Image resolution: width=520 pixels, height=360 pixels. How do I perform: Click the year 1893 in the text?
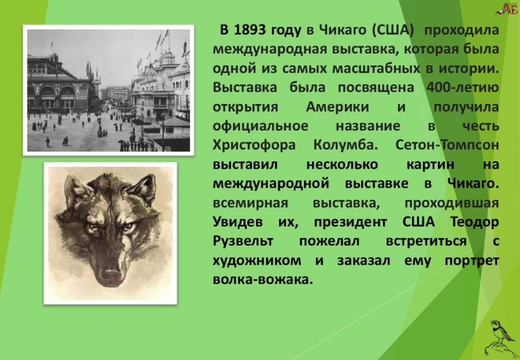pyautogui.click(x=251, y=30)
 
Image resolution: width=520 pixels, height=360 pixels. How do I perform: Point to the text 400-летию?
pyautogui.click(x=463, y=88)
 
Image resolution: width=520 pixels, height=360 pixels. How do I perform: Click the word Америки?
pyautogui.click(x=337, y=107)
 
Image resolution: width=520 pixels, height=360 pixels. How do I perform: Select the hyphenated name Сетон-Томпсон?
pyautogui.click(x=447, y=145)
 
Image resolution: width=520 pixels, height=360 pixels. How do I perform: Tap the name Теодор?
pyautogui.click(x=475, y=222)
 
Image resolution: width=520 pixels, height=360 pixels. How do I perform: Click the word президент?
pyautogui.click(x=350, y=222)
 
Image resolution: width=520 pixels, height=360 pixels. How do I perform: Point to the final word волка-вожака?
pyautogui.click(x=263, y=280)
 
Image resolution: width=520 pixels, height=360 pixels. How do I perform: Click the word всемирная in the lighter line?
pyautogui.click(x=250, y=203)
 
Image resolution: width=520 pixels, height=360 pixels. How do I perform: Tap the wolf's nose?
pyautogui.click(x=110, y=274)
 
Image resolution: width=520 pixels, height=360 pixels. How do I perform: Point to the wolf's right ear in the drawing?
pyautogui.click(x=143, y=188)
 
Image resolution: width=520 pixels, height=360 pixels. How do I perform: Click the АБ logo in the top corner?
pyautogui.click(x=507, y=9)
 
